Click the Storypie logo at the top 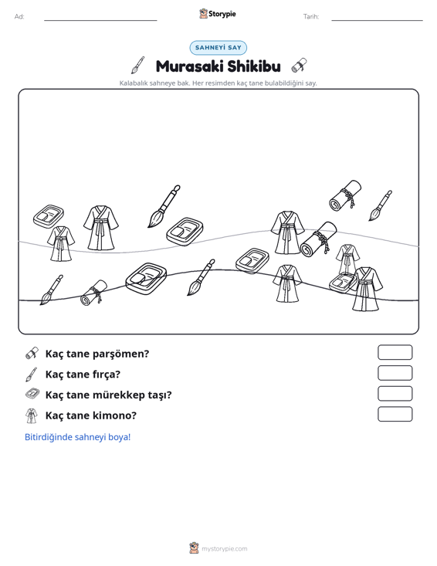[x=218, y=14]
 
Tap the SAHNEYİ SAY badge [x=218, y=48]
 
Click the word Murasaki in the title [x=189, y=66]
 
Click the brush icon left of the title [x=138, y=66]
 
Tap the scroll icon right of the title [x=299, y=65]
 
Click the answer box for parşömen [x=395, y=352]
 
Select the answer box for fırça [x=395, y=373]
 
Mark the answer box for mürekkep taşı [x=395, y=394]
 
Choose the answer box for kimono [x=395, y=414]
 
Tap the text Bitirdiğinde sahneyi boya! [x=77, y=437]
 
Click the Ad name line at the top [x=100, y=20]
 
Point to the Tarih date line [x=377, y=20]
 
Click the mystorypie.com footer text [x=225, y=549]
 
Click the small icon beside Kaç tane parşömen [x=32, y=354]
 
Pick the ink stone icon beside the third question [x=32, y=394]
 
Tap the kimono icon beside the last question [x=32, y=415]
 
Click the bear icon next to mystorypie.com [x=194, y=548]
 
